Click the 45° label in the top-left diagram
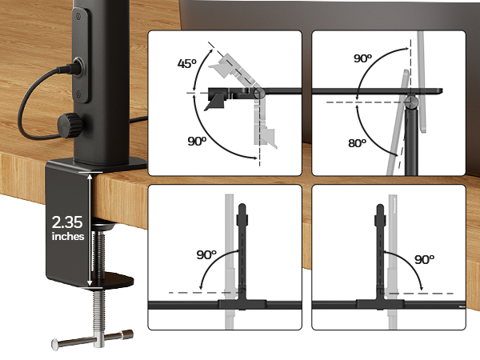pos(186,63)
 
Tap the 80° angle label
pos(358,143)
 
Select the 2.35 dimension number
pos(67,222)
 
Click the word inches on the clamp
pos(68,236)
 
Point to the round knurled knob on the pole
pos(70,126)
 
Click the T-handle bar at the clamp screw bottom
pos(93,339)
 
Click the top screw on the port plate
pos(78,16)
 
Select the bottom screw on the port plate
pos(78,94)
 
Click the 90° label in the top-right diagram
pos(362,58)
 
